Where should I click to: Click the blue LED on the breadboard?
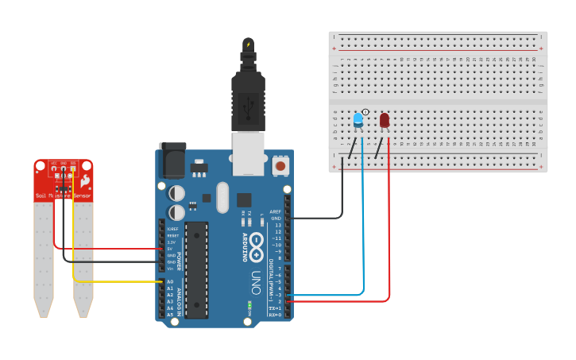point(358,120)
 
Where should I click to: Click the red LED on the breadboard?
point(385,120)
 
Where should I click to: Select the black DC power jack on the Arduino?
point(172,162)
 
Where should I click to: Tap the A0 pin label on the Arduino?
point(170,281)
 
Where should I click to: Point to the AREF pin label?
point(276,211)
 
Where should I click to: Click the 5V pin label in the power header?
point(170,249)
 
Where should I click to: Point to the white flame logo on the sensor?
point(85,182)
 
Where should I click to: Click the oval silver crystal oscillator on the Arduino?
point(222,198)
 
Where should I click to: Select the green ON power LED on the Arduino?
point(249,304)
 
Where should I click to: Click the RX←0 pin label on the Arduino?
point(275,315)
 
